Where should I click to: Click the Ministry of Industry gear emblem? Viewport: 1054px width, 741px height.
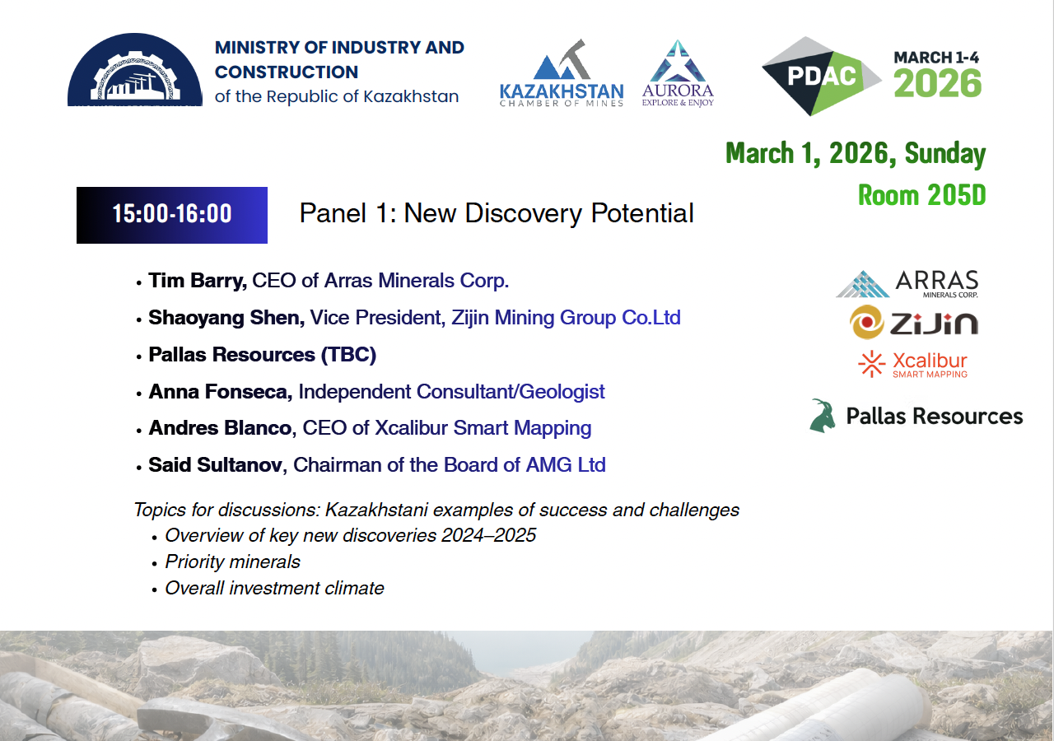[x=135, y=70]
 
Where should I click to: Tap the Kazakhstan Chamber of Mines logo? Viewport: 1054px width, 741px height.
[x=562, y=73]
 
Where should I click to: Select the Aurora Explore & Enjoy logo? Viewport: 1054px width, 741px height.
[x=678, y=73]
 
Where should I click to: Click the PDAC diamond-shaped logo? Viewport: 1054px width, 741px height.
[x=821, y=76]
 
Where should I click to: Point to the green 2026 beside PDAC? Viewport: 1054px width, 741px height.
[x=937, y=83]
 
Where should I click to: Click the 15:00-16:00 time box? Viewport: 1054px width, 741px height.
[x=172, y=215]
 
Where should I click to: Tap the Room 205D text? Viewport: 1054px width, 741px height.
[x=921, y=195]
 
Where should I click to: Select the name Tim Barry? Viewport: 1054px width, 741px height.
[x=198, y=281]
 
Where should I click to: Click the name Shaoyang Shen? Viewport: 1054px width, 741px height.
[x=226, y=318]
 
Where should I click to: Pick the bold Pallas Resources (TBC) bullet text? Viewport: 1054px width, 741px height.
[x=263, y=354]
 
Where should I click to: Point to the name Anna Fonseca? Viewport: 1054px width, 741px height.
[x=221, y=391]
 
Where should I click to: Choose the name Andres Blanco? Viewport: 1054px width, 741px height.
[x=220, y=428]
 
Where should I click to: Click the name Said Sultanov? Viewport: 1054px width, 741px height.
[x=216, y=465]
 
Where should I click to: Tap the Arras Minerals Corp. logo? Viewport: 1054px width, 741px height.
[x=907, y=284]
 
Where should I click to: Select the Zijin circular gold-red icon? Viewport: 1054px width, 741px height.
[x=867, y=322]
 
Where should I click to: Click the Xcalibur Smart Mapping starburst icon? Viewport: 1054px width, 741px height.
[x=871, y=364]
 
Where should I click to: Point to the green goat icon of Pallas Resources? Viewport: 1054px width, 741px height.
[x=823, y=416]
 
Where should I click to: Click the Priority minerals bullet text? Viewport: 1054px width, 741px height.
[x=232, y=562]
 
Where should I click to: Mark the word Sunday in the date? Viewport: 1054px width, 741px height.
[x=944, y=154]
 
